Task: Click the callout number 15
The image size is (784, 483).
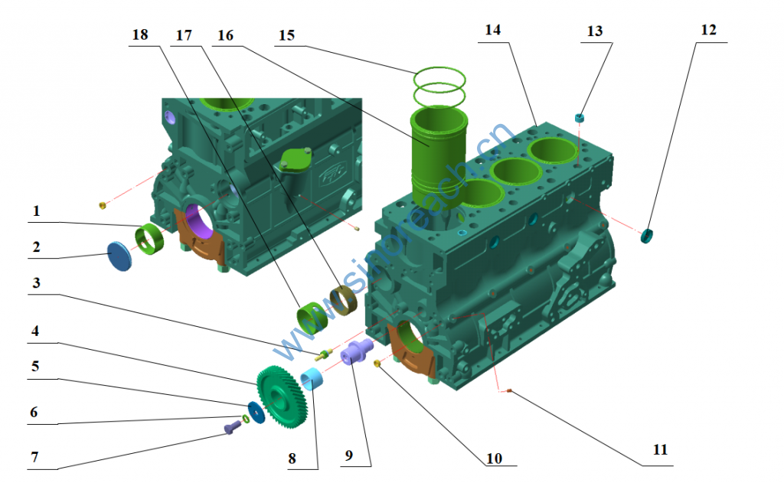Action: pos(287,35)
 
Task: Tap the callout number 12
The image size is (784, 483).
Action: pos(708,30)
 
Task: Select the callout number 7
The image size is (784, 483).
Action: pos(34,457)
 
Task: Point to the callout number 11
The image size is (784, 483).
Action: pos(660,450)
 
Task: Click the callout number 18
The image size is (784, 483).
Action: pos(140,34)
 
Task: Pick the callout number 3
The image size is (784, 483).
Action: pos(36,283)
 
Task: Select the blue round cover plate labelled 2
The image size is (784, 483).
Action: pos(120,256)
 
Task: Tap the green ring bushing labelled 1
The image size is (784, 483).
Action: pos(150,239)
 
